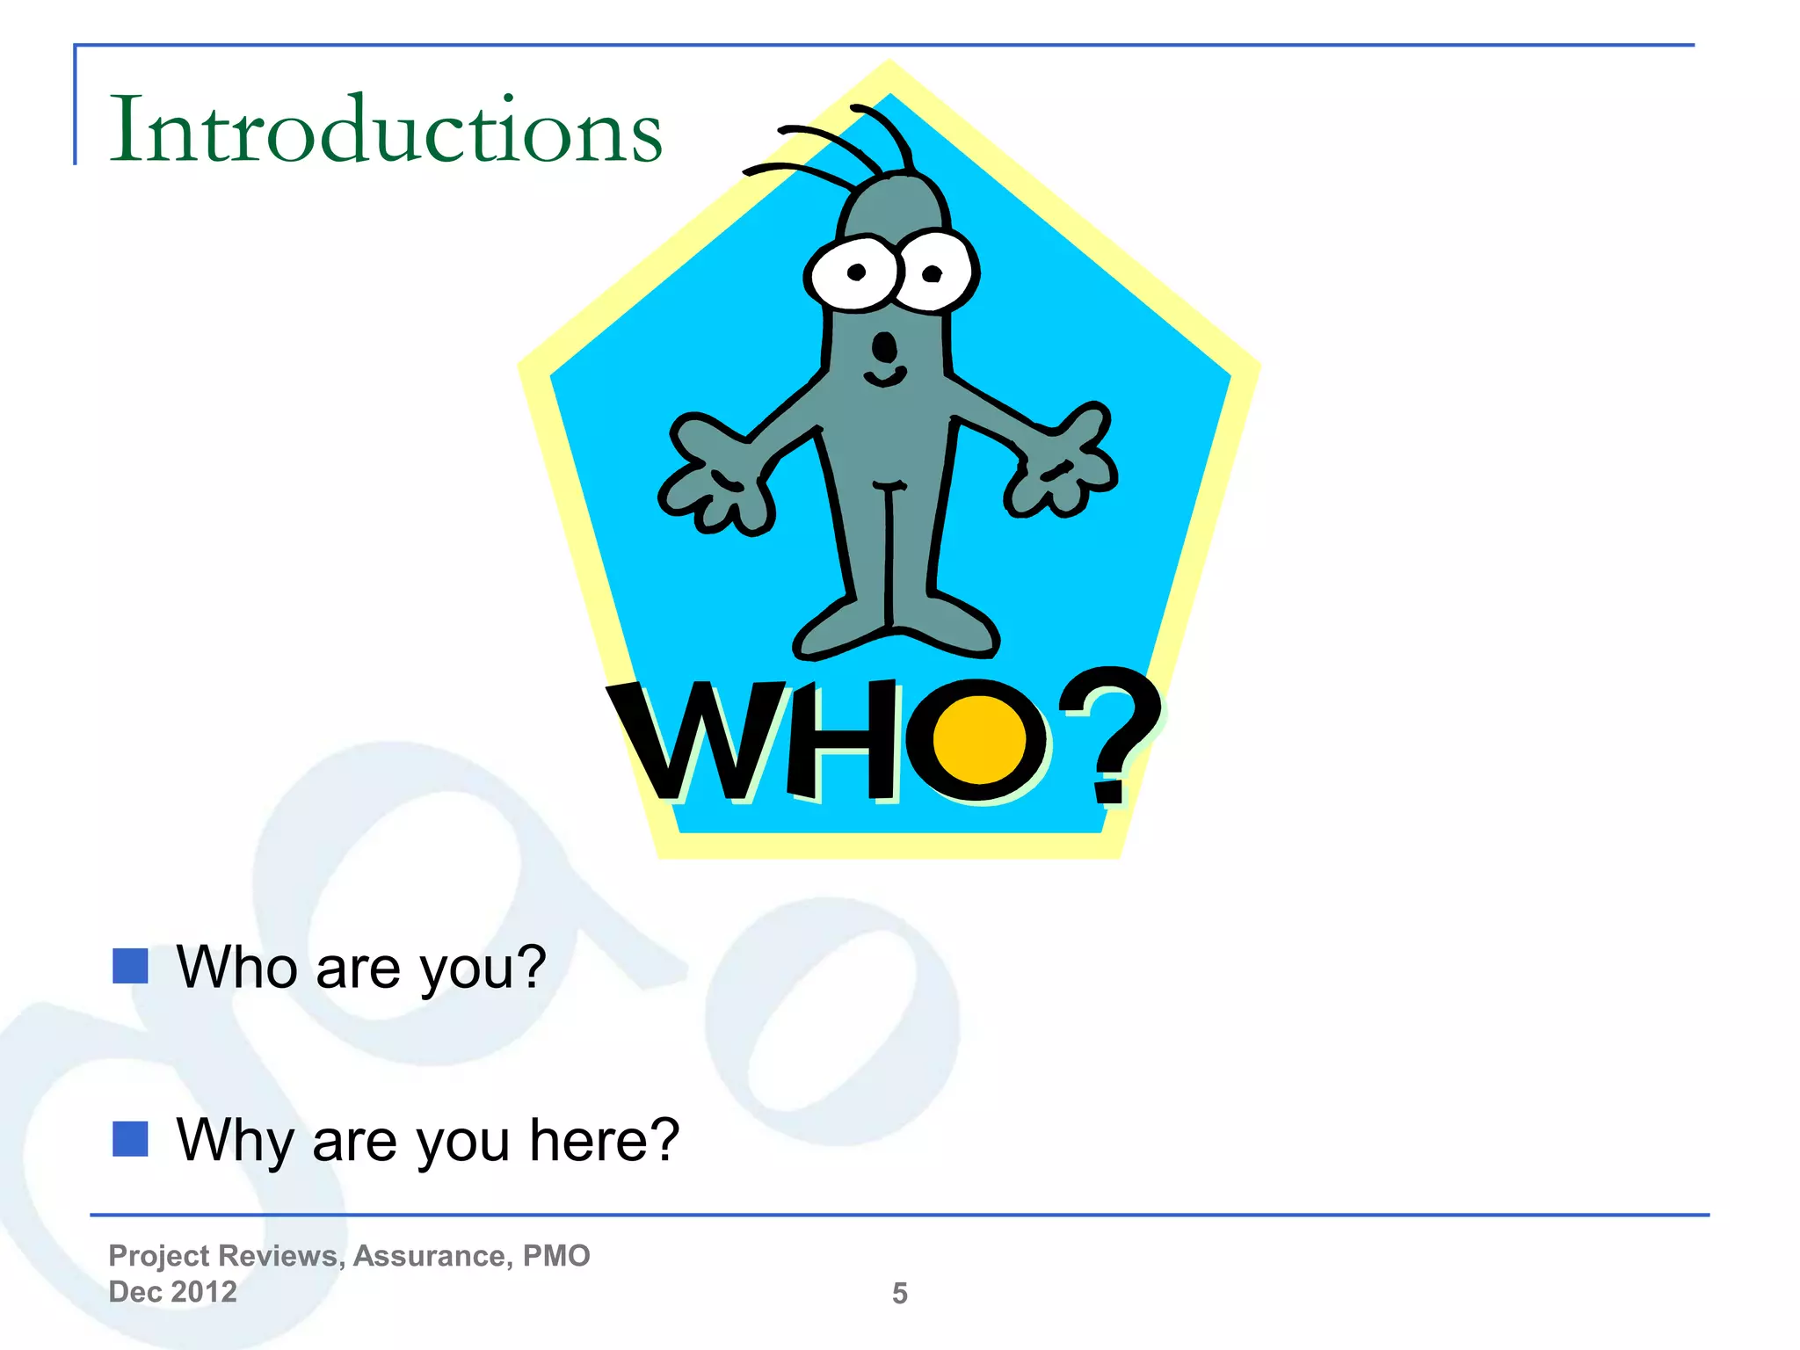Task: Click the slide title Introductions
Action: [385, 130]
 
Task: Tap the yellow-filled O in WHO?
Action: [978, 740]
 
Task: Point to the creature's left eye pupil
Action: [856, 272]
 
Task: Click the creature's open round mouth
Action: [885, 347]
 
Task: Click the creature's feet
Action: [895, 626]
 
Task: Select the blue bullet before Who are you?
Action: [130, 966]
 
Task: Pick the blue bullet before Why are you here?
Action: [130, 1139]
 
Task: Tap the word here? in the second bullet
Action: [605, 1140]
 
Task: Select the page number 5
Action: [899, 1293]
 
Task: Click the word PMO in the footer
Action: [556, 1256]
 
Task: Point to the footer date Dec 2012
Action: [172, 1292]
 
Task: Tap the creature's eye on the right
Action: [933, 272]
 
